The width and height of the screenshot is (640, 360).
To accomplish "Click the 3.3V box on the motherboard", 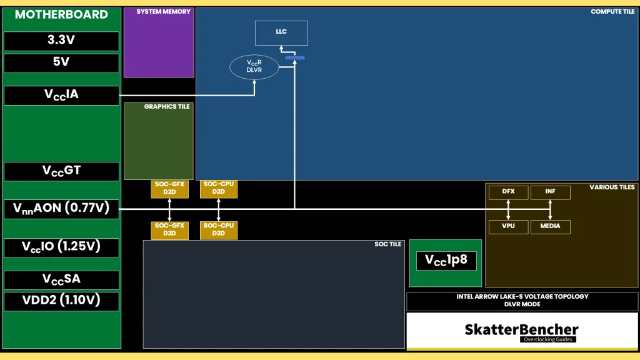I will point(61,41).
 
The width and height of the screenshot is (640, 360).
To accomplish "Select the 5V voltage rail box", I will point(61,63).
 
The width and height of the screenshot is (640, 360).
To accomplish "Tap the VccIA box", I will point(61,96).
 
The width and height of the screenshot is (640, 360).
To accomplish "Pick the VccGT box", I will point(61,171).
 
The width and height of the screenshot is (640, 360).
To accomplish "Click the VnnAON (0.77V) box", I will point(61,209).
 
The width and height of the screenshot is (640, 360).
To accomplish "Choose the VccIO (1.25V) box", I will point(61,247).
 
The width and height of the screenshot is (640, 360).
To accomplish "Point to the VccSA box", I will point(61,279).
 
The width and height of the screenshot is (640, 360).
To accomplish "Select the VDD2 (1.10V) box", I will point(61,301).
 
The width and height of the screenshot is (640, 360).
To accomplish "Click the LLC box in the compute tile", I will point(281,32).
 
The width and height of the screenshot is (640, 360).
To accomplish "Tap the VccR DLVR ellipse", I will point(254,67).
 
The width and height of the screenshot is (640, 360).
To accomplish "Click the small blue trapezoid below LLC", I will point(294,58).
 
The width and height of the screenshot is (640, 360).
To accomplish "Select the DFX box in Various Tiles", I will point(508,192).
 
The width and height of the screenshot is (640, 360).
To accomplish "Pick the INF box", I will point(550,192).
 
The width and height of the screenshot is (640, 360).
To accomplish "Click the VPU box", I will point(508,226).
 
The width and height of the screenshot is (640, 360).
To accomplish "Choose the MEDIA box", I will point(550,226).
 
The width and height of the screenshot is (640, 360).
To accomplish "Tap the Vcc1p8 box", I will point(446,261).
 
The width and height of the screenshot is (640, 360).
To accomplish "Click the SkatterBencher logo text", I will point(521,329).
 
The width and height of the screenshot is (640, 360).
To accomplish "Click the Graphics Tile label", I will point(167,107).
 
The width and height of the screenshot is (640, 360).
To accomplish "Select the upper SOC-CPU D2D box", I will point(218,189).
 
